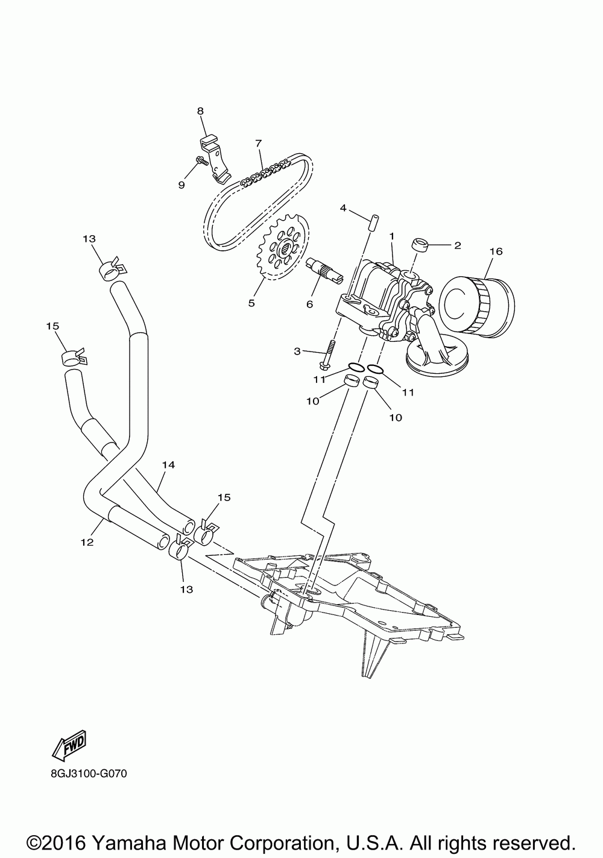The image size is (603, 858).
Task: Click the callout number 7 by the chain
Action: [258, 143]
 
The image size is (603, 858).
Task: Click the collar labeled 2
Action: [420, 246]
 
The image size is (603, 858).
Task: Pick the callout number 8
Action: [201, 111]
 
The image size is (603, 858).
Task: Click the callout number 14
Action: [168, 465]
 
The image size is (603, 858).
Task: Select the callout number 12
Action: [87, 542]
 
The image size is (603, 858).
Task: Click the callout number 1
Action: [391, 236]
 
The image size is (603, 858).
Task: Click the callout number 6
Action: [309, 304]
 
